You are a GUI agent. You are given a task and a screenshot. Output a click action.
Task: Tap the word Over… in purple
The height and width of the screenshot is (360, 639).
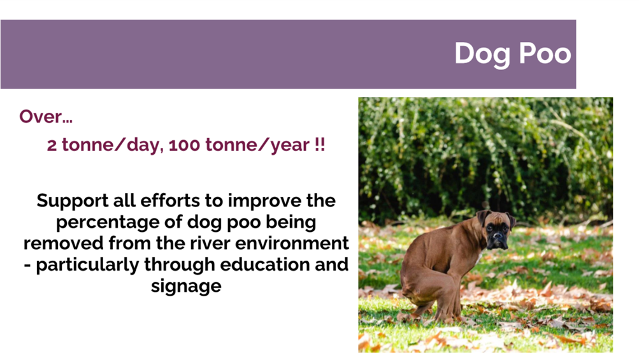pos(46,117)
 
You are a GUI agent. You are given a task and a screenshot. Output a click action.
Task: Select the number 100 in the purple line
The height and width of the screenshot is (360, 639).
pos(185,145)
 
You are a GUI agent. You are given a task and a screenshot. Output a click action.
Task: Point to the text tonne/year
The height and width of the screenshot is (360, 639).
pos(257,145)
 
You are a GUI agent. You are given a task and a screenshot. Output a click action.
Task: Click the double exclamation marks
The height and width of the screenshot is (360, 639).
pos(320,145)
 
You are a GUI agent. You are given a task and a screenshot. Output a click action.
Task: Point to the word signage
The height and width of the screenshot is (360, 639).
pos(186,287)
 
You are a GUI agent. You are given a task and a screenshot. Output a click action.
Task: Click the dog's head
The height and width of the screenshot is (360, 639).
pos(496,229)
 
